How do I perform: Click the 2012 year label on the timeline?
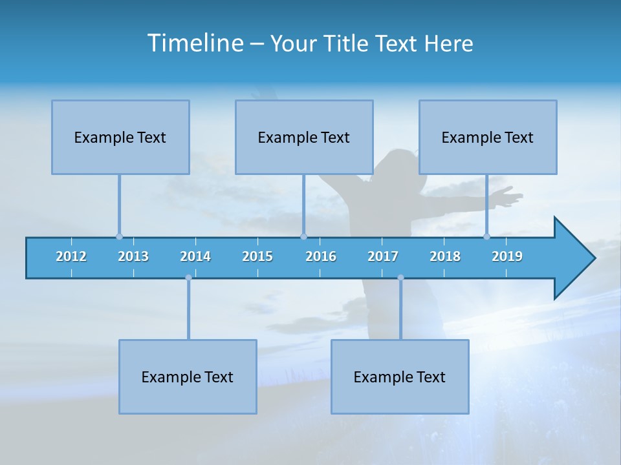coord(71,256)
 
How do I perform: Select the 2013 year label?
coord(133,256)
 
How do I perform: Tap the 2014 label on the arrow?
coord(195,256)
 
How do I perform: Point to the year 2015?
coord(257,256)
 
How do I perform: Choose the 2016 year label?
coord(321,256)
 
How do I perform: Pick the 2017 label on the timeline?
coord(383,256)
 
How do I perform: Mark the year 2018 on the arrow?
coord(445,256)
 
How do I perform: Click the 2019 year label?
coord(507,256)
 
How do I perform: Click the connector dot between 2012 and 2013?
coord(119,236)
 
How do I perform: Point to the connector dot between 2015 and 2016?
coord(303,236)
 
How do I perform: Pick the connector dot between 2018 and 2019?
coord(486,236)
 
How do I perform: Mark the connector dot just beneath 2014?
coord(188,278)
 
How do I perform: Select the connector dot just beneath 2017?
coord(400,278)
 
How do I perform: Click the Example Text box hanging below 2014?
coord(188,377)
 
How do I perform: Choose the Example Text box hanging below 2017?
coord(400,377)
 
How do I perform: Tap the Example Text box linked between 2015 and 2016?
coord(304,137)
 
